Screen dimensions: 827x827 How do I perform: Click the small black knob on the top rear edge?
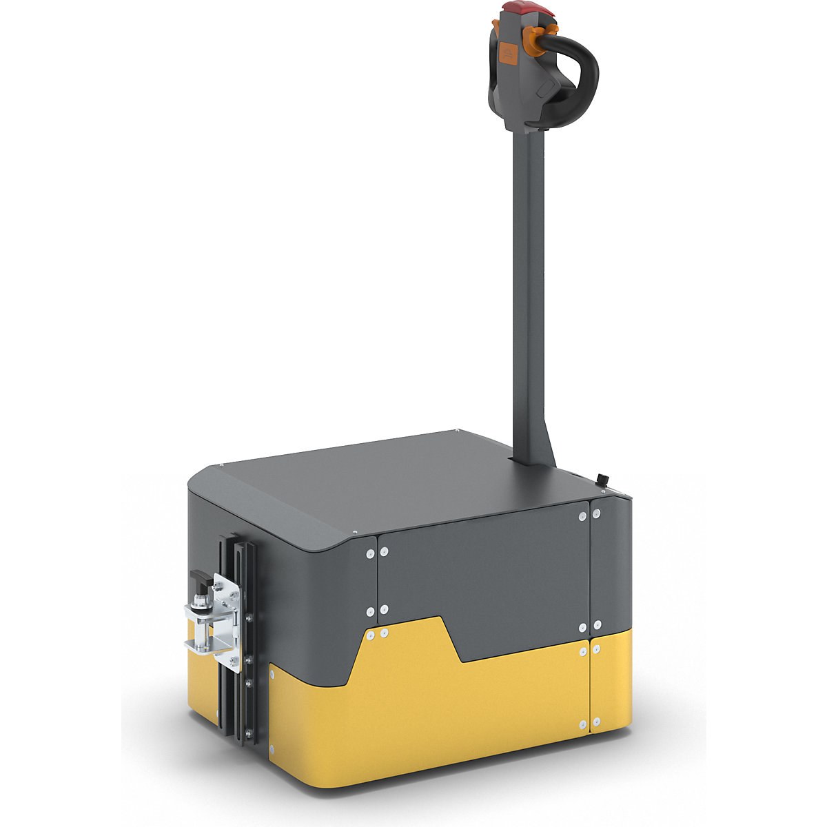[x=601, y=479]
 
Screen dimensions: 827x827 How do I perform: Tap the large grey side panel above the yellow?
[x=482, y=572]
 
